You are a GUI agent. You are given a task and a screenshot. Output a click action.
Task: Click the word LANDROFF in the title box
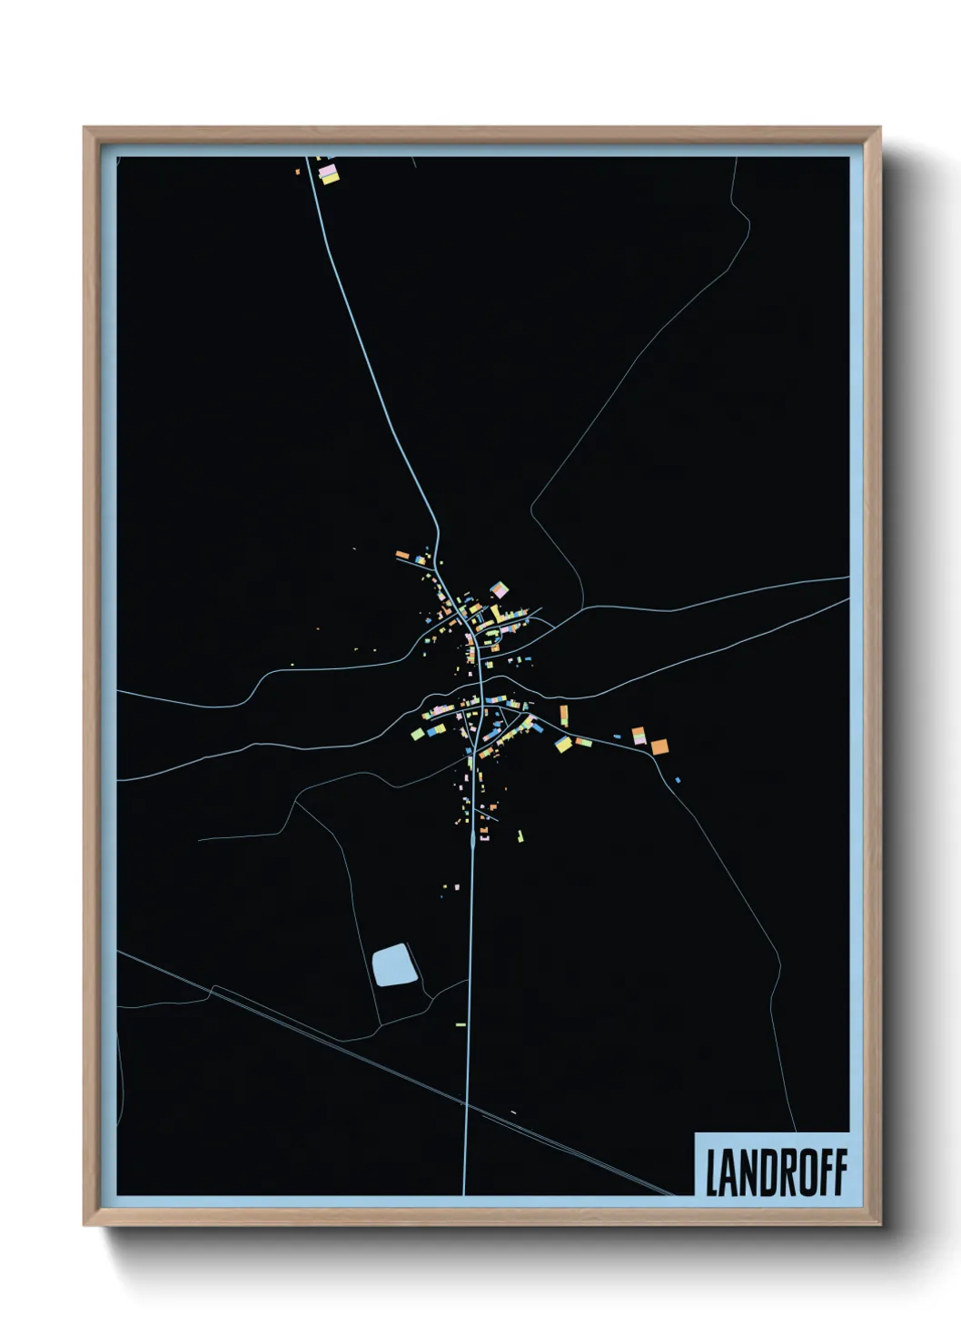(776, 1172)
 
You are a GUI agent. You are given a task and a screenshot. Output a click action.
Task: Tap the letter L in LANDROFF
(712, 1172)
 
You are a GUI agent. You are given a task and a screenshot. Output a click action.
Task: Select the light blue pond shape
(393, 964)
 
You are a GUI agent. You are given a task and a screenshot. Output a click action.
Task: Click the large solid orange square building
(659, 746)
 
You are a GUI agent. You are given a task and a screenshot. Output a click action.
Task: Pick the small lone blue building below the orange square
(678, 780)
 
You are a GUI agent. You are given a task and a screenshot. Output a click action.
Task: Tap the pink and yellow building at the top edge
(327, 173)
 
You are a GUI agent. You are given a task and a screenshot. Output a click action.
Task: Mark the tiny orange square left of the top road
(297, 171)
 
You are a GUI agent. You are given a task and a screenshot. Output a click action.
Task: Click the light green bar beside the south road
(461, 1024)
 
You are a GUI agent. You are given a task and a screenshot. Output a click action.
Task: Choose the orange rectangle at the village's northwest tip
(402, 554)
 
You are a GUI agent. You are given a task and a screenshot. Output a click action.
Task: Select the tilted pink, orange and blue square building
(499, 590)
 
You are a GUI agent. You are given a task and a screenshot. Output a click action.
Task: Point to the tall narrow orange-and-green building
(563, 715)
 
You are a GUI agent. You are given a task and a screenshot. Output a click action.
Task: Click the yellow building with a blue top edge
(563, 745)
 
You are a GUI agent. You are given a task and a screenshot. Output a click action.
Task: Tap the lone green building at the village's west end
(417, 734)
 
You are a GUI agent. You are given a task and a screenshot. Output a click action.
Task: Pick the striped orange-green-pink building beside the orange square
(639, 736)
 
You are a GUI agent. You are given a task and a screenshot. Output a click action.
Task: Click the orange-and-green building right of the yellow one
(583, 742)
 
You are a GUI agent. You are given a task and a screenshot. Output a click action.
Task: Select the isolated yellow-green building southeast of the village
(520, 835)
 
